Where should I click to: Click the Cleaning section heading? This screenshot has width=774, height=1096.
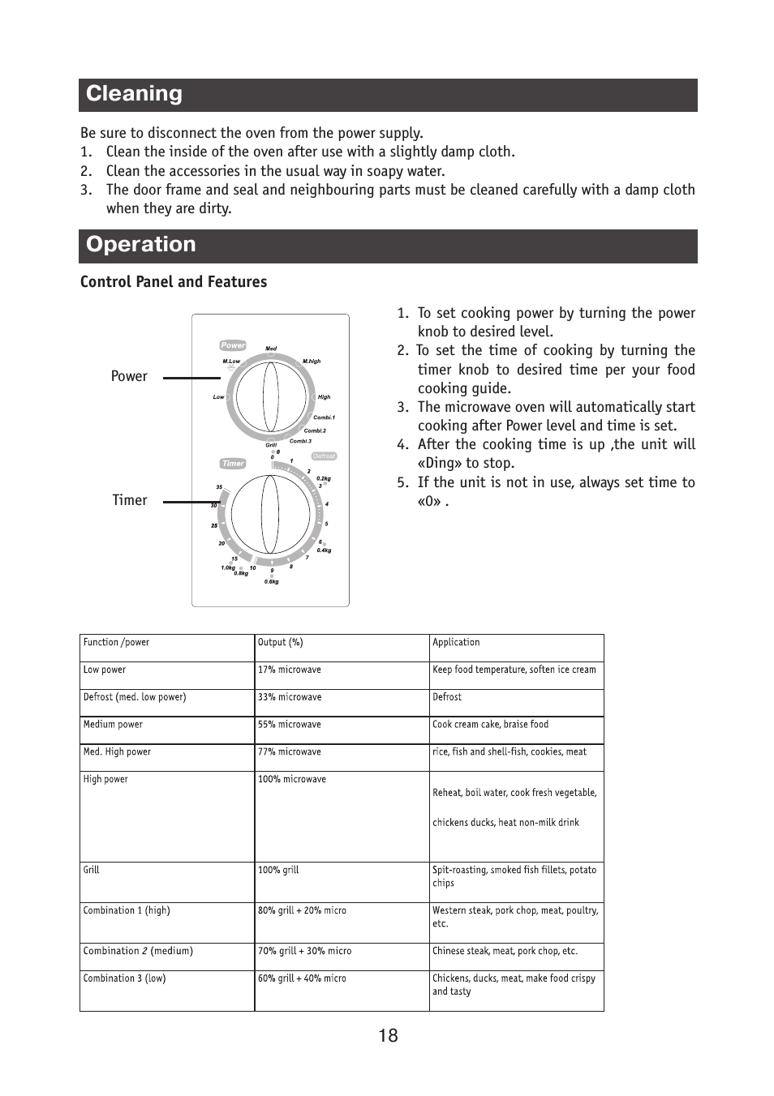(x=135, y=94)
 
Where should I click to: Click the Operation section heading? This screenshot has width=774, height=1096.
(x=141, y=245)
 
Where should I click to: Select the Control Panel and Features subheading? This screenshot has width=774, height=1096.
(x=174, y=282)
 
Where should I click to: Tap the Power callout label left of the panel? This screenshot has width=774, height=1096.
(x=129, y=376)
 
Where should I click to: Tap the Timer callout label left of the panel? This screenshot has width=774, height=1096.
(x=130, y=500)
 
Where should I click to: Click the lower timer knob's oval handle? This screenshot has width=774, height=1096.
(x=270, y=513)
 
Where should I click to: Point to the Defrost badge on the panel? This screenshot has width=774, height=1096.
(x=324, y=456)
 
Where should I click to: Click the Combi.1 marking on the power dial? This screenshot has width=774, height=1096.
(x=324, y=417)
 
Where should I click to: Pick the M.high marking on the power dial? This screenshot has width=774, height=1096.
(x=312, y=362)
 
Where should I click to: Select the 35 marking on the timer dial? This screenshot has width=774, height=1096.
(x=219, y=487)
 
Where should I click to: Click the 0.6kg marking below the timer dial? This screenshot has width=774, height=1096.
(x=272, y=581)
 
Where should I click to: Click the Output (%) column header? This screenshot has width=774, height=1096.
(x=281, y=643)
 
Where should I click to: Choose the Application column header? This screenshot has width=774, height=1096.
(x=456, y=643)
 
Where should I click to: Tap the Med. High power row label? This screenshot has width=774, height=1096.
(x=117, y=752)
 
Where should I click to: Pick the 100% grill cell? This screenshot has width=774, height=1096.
(x=278, y=871)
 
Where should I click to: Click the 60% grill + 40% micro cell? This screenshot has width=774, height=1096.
(x=302, y=979)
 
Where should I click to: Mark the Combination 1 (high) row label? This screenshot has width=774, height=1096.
(x=127, y=911)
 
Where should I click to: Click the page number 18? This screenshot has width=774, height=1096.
(x=388, y=1036)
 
